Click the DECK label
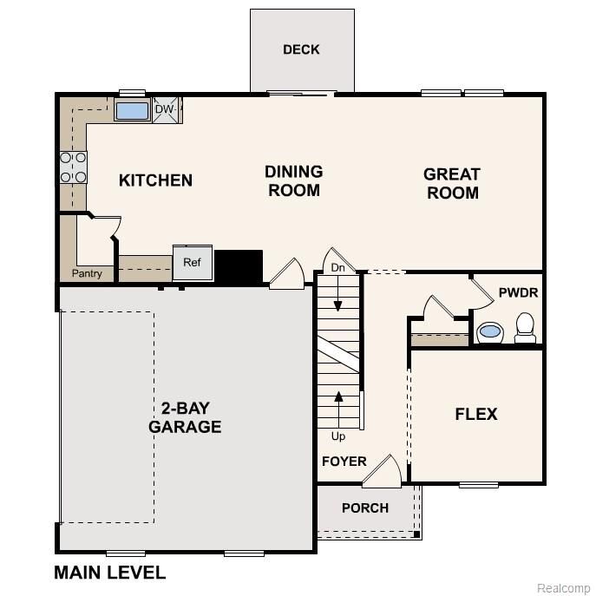click(301, 49)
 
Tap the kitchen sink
click(133, 110)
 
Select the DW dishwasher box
click(166, 109)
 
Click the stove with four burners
click(73, 167)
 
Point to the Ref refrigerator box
click(192, 262)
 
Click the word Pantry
click(87, 273)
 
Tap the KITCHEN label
click(155, 180)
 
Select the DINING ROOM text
click(294, 180)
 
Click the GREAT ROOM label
click(452, 183)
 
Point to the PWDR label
click(518, 293)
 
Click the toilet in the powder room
click(525, 327)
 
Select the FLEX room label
click(476, 414)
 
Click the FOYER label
click(344, 461)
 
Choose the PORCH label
click(365, 508)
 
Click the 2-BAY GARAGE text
click(185, 417)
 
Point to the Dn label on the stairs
click(338, 269)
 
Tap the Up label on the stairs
click(338, 436)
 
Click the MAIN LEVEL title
click(109, 573)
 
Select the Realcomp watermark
click(563, 587)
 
